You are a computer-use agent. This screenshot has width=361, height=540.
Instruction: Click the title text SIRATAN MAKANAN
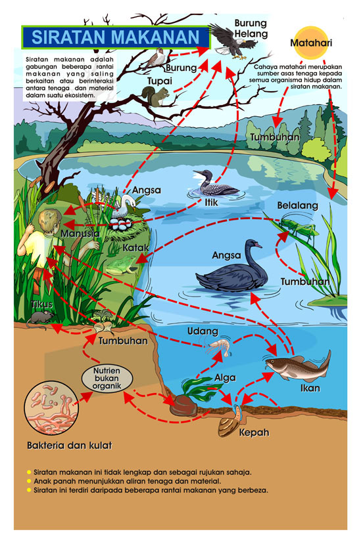tap(115, 37)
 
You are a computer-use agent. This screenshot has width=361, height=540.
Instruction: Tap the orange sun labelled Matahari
tap(310, 43)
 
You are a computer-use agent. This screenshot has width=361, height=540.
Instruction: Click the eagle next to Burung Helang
tap(233, 41)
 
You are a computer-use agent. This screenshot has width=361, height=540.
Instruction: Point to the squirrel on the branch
tap(156, 96)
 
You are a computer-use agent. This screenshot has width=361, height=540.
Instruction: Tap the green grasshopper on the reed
tap(297, 226)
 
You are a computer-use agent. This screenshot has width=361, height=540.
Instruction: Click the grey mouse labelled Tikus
tap(40, 318)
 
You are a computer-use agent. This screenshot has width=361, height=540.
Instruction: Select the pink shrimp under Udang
tap(219, 346)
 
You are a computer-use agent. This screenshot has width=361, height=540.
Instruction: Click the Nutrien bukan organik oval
tap(107, 378)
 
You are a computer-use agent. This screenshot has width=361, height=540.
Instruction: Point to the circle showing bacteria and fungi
tap(51, 407)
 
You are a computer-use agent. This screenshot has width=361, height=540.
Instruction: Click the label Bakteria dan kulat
tap(69, 446)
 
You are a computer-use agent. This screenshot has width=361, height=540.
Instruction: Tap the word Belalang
tap(297, 205)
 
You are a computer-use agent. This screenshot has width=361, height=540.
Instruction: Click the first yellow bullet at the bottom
tap(29, 472)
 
